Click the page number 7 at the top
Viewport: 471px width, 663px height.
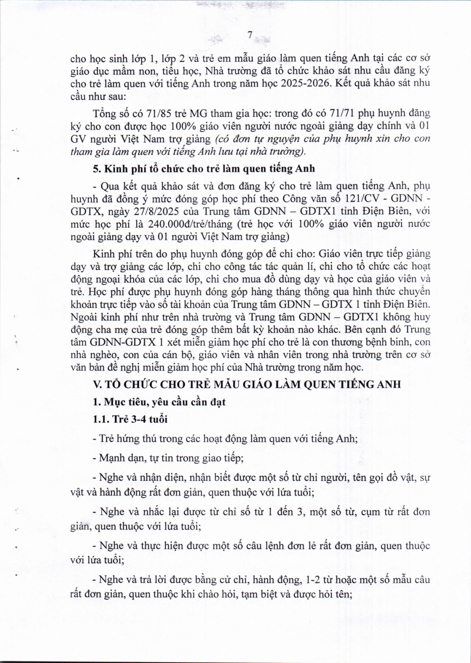[x=250, y=35]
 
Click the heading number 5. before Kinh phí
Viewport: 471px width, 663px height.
[x=97, y=169]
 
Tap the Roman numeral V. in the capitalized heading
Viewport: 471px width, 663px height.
[x=98, y=384]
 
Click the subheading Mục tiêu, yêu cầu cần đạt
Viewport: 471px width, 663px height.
[x=165, y=402]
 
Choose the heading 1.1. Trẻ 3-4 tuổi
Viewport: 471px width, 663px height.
[x=130, y=419]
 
